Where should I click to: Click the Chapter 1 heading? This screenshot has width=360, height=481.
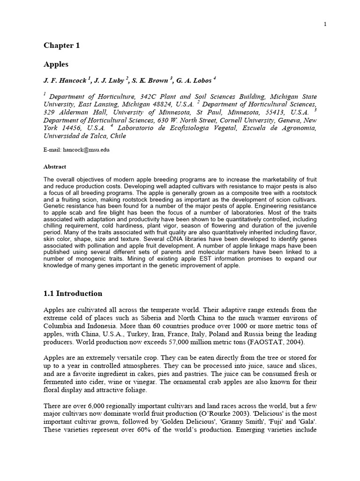point(62,46)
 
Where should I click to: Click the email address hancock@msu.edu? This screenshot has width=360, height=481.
point(88,149)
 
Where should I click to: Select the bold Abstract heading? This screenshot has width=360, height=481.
point(55,167)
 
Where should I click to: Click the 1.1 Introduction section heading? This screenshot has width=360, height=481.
point(73,294)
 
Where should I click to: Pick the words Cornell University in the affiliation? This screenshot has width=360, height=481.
point(232,120)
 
